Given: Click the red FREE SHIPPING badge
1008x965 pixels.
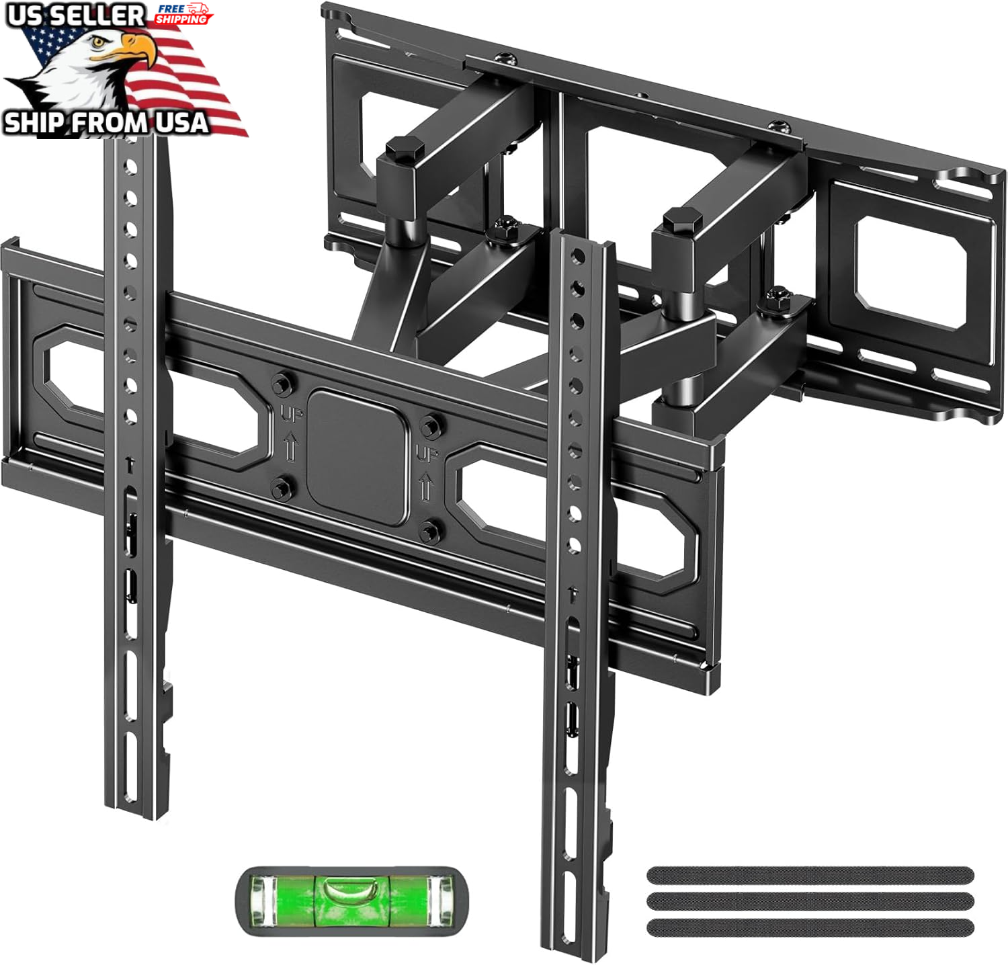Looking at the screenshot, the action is click(183, 13).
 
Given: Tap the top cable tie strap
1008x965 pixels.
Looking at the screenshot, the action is click(810, 875).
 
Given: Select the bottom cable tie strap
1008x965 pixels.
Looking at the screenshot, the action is click(810, 927).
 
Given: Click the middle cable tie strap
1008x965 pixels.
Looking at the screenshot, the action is click(810, 900).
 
